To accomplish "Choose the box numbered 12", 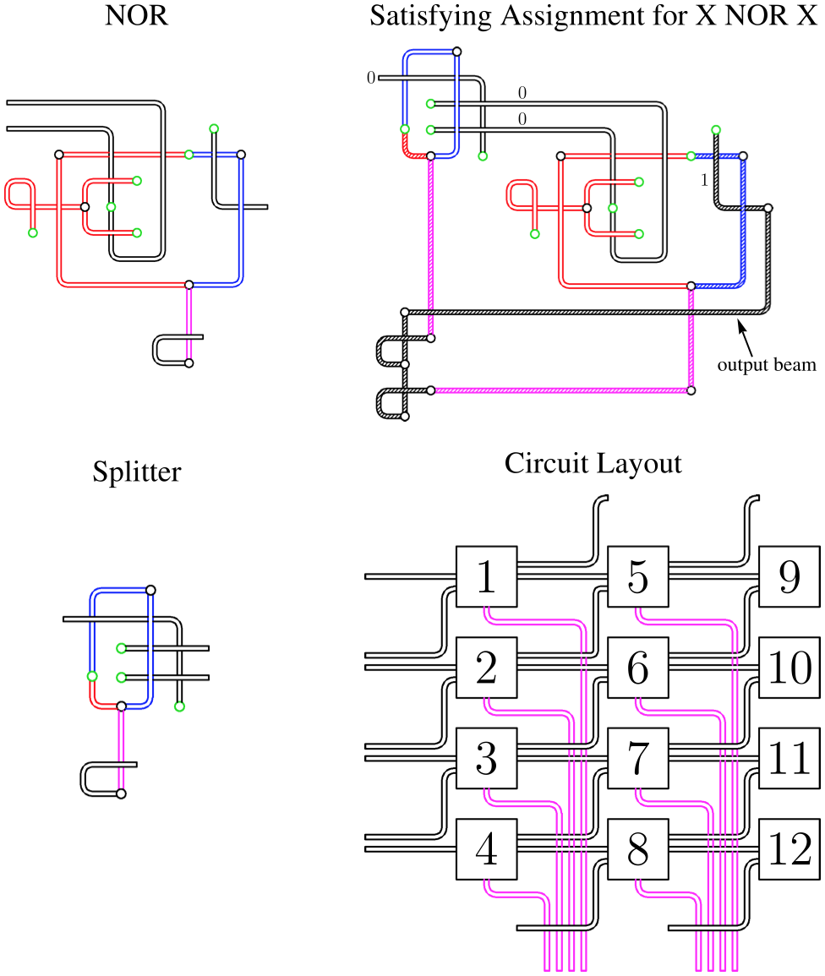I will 789,850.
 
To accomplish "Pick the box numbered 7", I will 638,759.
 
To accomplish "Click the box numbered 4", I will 486,850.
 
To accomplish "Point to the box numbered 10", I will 789,668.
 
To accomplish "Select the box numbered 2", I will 486,668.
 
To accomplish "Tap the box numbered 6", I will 638,668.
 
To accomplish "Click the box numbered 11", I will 789,759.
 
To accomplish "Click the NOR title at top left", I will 136,16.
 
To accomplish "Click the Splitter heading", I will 136,471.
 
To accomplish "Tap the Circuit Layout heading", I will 593,463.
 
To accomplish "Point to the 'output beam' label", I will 767,365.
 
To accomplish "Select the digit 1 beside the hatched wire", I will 703,180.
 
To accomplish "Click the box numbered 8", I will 638,850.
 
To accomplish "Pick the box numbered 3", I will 486,759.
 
